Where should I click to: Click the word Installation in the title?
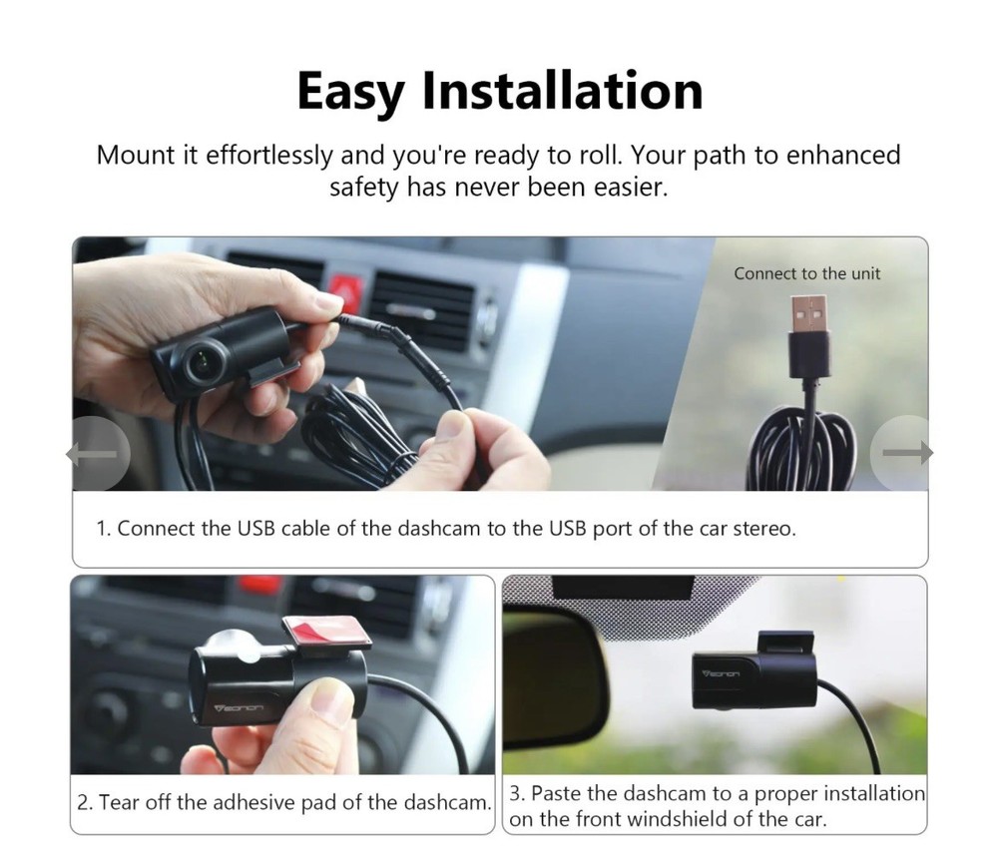562,91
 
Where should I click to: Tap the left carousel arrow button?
97,454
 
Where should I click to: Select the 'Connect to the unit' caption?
807,273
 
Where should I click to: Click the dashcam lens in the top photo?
200,362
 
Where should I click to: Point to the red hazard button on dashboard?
346,288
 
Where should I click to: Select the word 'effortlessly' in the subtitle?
268,156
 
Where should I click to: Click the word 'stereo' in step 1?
763,529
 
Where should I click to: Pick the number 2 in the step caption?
84,803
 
